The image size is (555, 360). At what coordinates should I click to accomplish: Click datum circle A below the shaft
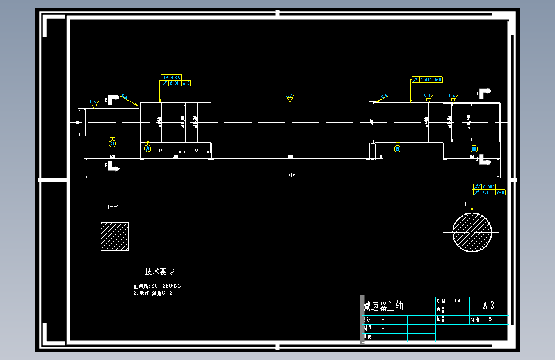[147, 149]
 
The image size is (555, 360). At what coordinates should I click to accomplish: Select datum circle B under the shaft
[398, 149]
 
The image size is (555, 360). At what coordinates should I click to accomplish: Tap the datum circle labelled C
[113, 143]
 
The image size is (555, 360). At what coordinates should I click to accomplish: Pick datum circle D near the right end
[474, 149]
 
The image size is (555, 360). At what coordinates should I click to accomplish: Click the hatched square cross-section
[115, 236]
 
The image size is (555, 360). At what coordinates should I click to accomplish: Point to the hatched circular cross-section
[472, 233]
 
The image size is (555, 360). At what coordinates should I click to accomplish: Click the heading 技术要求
[160, 272]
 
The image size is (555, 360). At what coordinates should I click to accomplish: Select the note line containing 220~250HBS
[157, 286]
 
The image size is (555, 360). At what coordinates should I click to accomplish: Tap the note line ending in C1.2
[154, 293]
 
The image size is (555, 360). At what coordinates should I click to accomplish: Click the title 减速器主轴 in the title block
[383, 306]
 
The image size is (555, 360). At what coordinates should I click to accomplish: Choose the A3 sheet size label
[488, 305]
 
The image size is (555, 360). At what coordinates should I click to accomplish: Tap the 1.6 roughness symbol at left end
[95, 102]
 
